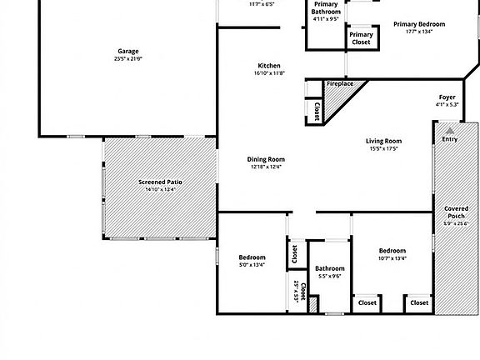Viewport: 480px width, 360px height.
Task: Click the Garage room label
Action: click(127, 51)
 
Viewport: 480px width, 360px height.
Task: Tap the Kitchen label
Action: click(268, 65)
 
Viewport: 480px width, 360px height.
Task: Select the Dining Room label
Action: click(266, 158)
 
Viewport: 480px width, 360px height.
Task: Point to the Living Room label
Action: click(383, 141)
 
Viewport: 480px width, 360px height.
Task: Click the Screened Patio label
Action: click(159, 182)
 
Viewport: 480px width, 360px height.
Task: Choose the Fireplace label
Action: click(339, 84)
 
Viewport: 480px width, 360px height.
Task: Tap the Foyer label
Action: click(447, 97)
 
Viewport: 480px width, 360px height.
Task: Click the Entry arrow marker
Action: click(450, 130)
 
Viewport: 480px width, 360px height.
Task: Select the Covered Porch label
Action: click(456, 212)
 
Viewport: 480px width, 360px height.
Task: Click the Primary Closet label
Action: click(361, 37)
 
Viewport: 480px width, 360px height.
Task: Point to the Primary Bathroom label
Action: click(326, 8)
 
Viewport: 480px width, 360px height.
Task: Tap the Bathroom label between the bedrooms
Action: click(329, 267)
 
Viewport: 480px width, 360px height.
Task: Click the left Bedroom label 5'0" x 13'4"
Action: click(252, 257)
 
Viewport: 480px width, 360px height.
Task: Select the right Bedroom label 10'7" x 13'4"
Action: click(392, 250)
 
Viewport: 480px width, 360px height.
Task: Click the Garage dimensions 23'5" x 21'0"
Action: click(127, 59)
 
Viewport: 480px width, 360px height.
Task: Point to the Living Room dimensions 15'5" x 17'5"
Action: click(383, 149)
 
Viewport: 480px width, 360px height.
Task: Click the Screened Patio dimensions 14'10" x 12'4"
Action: click(159, 190)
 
